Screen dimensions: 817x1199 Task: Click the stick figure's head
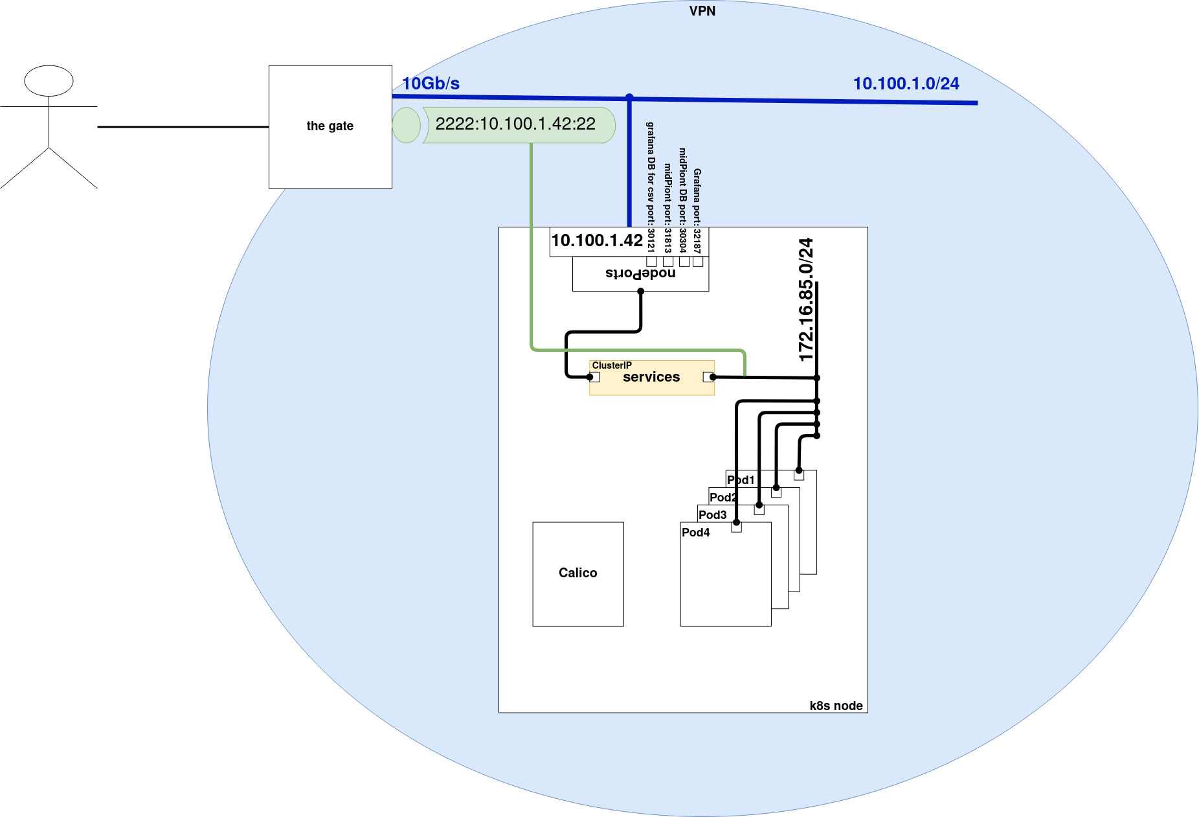coord(49,81)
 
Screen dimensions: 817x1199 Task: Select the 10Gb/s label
coord(431,84)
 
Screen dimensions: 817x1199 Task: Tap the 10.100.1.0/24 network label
coord(906,84)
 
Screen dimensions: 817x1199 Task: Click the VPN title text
coord(702,11)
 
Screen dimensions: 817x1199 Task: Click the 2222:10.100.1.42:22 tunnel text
coord(515,124)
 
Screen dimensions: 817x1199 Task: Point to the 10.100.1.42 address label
coord(597,240)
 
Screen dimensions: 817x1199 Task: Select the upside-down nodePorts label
coord(640,273)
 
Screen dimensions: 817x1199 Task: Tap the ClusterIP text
coord(612,365)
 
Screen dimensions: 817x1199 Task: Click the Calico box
coord(578,573)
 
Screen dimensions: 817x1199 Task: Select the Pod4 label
coord(696,533)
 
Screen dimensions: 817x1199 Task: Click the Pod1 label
coord(741,480)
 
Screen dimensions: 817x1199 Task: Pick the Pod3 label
coord(713,515)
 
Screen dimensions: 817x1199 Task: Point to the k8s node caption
coord(836,706)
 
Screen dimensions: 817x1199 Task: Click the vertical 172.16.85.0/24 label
coord(806,299)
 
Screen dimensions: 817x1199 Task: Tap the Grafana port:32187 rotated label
coord(697,211)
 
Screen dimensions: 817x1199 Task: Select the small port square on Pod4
coord(736,527)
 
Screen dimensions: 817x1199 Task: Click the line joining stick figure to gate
coord(183,127)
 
